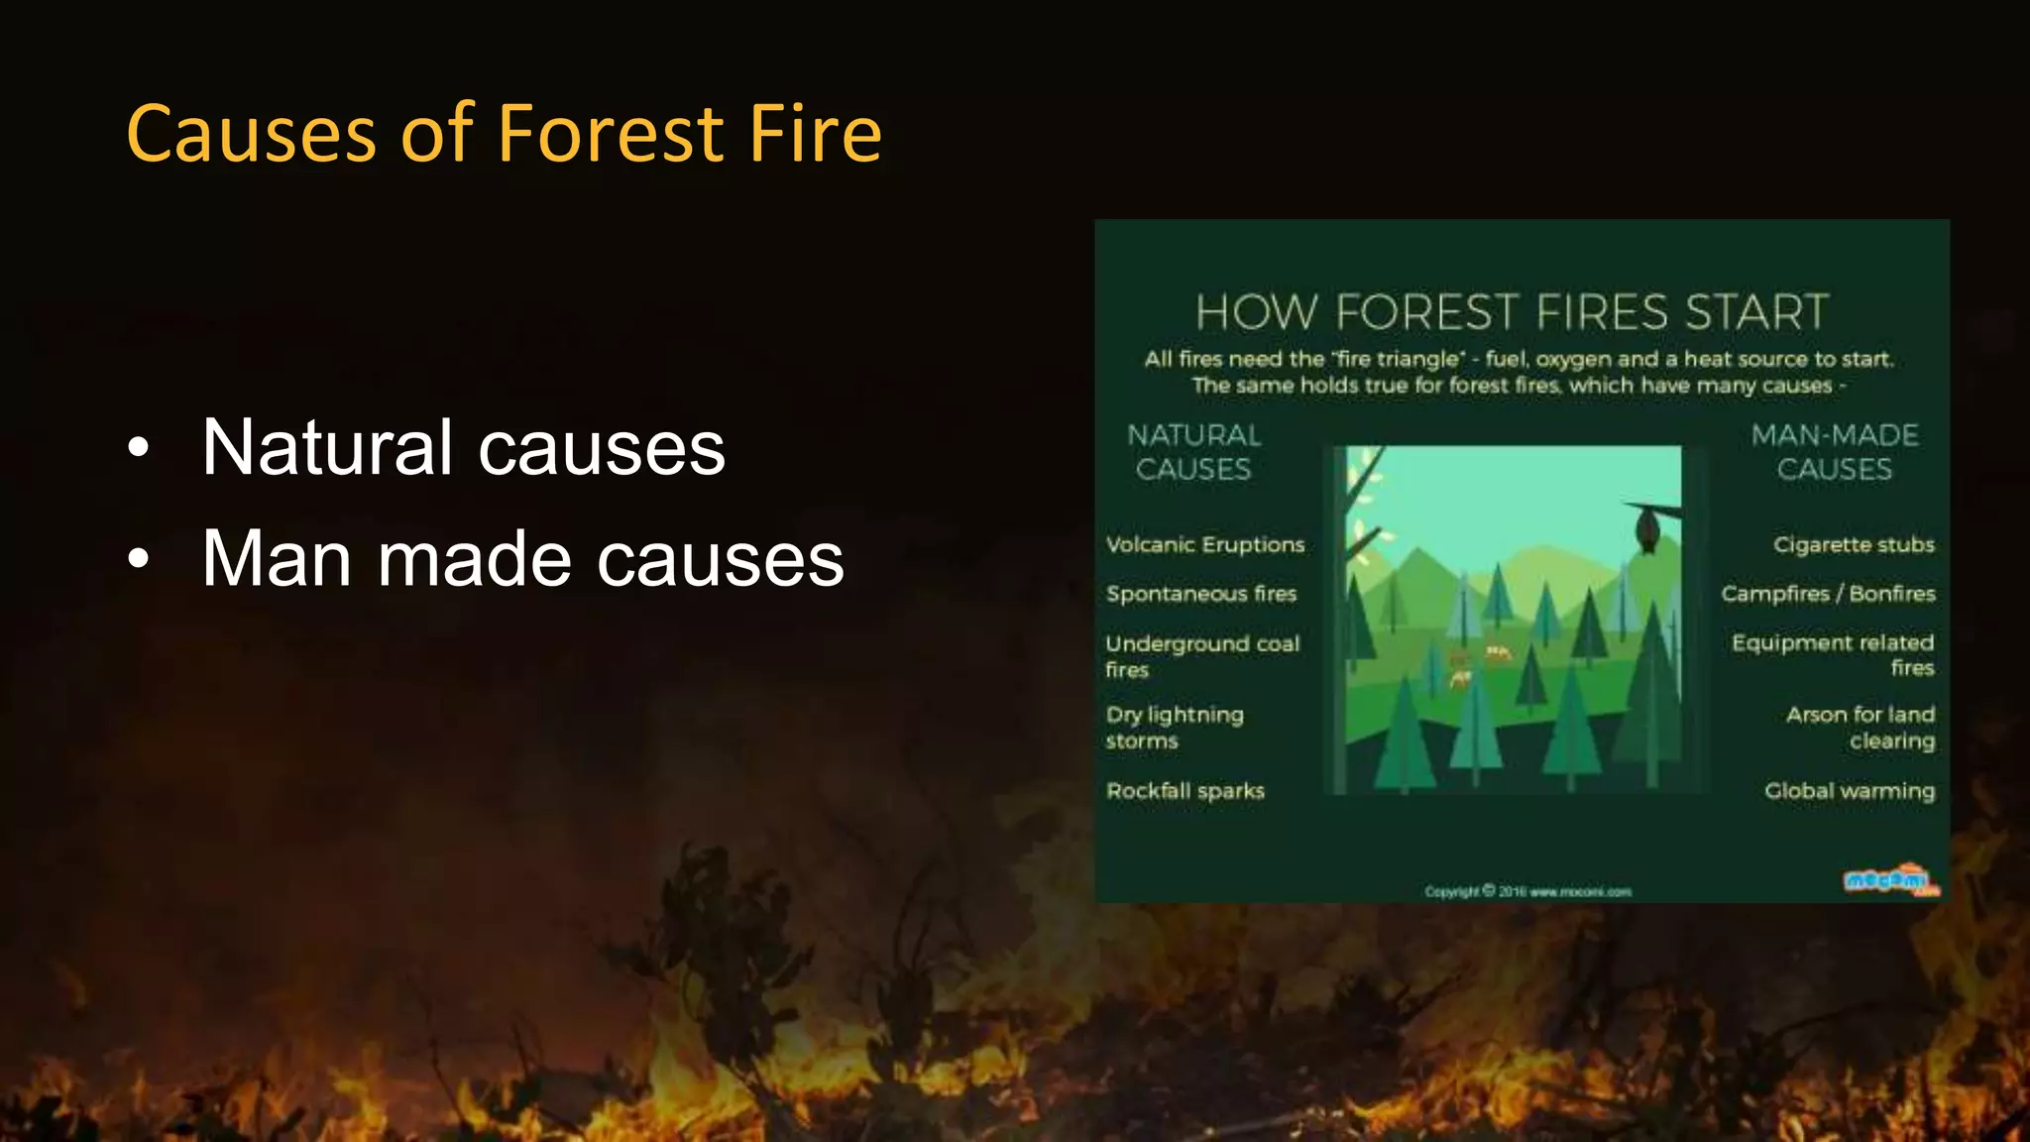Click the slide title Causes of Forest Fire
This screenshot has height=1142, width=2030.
pyautogui.click(x=504, y=134)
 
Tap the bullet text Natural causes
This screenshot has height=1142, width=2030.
pyautogui.click(x=463, y=447)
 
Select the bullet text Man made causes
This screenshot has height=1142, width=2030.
pyautogui.click(x=522, y=559)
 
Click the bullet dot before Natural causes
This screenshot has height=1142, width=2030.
pyautogui.click(x=139, y=449)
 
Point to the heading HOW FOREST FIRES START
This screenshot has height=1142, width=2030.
pyautogui.click(x=1511, y=312)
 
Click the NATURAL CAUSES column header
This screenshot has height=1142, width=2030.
pyautogui.click(x=1193, y=452)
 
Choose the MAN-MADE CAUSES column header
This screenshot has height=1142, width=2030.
pyautogui.click(x=1834, y=452)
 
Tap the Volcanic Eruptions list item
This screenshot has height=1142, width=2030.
pyautogui.click(x=1204, y=544)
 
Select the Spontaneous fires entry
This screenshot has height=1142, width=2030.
pyautogui.click(x=1200, y=594)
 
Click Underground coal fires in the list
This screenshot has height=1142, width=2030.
pyautogui.click(x=1201, y=655)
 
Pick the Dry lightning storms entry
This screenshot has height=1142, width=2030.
pyautogui.click(x=1174, y=727)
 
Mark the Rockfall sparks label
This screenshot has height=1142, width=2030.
pyautogui.click(x=1184, y=791)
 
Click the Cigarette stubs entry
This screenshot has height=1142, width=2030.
pyautogui.click(x=1853, y=544)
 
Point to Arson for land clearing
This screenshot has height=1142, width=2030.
pyautogui.click(x=1860, y=727)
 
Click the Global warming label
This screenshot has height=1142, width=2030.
pyautogui.click(x=1849, y=791)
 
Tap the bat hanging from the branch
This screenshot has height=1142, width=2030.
pyautogui.click(x=1646, y=529)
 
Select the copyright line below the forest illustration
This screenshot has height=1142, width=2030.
pyautogui.click(x=1526, y=891)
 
